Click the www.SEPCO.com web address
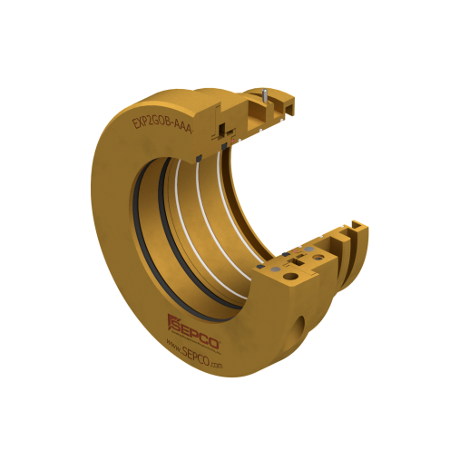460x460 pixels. pos(193,350)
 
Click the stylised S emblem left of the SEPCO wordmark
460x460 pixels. pos(172,321)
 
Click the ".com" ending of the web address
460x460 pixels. pos(214,363)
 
